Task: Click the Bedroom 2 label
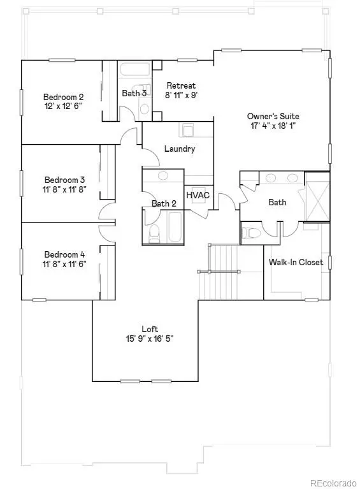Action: click(x=63, y=97)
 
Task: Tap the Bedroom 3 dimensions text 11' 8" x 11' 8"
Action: click(x=64, y=189)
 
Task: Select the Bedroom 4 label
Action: click(x=64, y=254)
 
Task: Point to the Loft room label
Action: click(x=150, y=329)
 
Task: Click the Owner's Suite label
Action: click(x=273, y=116)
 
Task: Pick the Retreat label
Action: click(x=181, y=85)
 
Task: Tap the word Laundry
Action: click(x=180, y=149)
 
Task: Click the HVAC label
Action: click(x=198, y=196)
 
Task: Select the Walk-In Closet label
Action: click(x=296, y=262)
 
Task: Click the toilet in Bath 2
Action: click(x=154, y=233)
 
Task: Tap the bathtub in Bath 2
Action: click(x=175, y=227)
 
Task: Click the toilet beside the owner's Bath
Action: click(x=251, y=233)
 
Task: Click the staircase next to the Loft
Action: click(x=219, y=272)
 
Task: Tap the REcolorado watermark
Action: click(x=333, y=483)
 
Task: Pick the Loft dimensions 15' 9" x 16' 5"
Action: click(x=150, y=339)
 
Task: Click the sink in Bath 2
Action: click(x=162, y=176)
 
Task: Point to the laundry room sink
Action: click(x=188, y=130)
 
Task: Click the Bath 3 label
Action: click(x=134, y=93)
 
